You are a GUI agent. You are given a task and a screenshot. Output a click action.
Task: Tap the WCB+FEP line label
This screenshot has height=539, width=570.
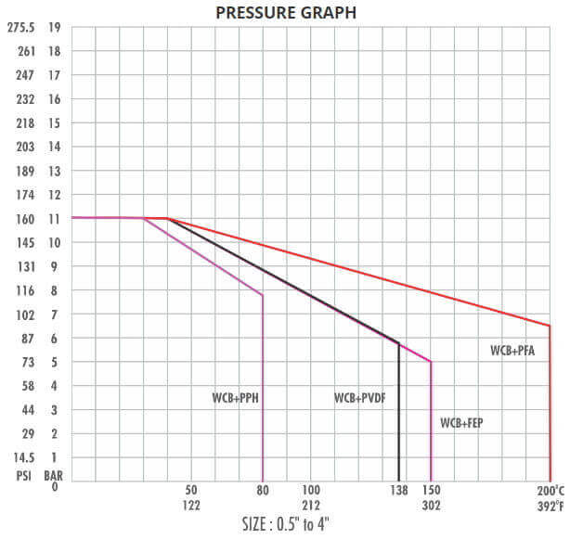[461, 422]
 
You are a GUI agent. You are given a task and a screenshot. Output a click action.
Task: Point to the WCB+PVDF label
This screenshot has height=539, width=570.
[360, 398]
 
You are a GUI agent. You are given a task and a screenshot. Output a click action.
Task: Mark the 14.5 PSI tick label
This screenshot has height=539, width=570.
[23, 457]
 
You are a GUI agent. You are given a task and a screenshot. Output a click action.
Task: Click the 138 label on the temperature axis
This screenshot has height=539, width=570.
[398, 490]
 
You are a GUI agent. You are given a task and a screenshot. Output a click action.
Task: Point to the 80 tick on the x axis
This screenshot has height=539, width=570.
[263, 490]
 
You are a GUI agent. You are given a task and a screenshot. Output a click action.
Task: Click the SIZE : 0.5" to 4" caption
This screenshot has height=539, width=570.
[285, 524]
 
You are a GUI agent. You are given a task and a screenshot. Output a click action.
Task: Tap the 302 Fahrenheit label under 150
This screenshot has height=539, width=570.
[431, 506]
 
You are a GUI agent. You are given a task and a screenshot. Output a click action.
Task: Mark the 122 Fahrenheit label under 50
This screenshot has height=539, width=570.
[191, 506]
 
